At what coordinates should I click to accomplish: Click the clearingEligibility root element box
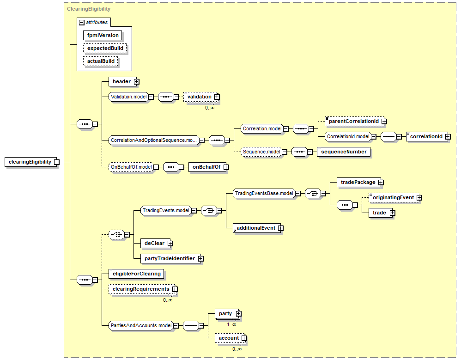pyautogui.click(x=30, y=162)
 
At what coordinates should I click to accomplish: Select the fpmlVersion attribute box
pyautogui.click(x=103, y=35)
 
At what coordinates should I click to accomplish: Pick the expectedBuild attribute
pyautogui.click(x=105, y=48)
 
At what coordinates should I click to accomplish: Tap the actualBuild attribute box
pyautogui.click(x=101, y=61)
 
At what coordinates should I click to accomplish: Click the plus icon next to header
pyautogui.click(x=137, y=82)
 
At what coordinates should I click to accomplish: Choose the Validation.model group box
pyautogui.click(x=128, y=97)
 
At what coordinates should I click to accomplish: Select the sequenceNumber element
pyautogui.click(x=344, y=152)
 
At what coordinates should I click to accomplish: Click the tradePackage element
pyautogui.click(x=358, y=183)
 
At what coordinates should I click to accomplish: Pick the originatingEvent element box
pyautogui.click(x=393, y=198)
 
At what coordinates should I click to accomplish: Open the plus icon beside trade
pyautogui.click(x=392, y=213)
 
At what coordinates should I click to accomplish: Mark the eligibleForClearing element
pyautogui.click(x=136, y=274)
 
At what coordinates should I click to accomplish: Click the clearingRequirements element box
pyautogui.click(x=140, y=289)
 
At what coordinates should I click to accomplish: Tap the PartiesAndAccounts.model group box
pyautogui.click(x=141, y=326)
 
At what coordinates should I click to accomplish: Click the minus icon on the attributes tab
pyautogui.click(x=82, y=22)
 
